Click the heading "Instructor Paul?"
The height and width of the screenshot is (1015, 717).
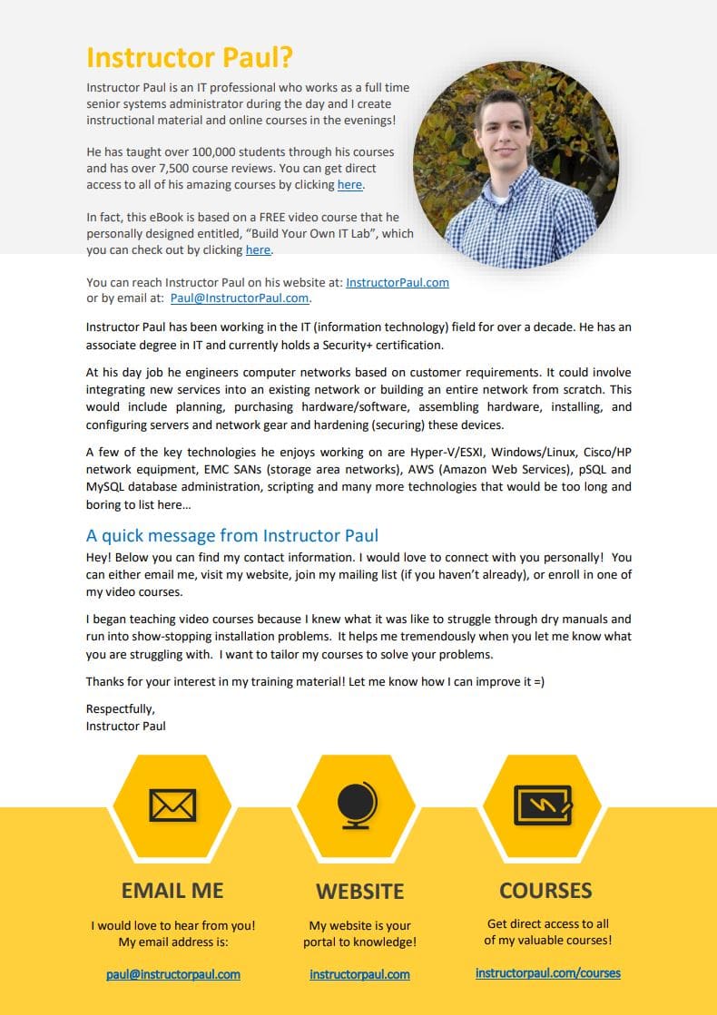point(190,58)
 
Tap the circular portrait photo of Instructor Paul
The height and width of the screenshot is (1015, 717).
point(516,164)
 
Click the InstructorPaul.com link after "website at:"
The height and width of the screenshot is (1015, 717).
point(398,282)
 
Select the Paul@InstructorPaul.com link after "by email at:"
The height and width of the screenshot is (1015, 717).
point(240,298)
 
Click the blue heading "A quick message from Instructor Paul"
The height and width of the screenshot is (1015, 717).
point(232,535)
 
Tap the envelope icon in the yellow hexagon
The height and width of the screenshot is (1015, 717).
point(172,805)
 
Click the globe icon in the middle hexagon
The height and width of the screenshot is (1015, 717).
point(358,805)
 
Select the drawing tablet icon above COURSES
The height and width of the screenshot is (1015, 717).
point(543,804)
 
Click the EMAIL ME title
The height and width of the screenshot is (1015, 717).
point(172,891)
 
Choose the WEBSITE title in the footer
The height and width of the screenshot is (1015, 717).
point(360,892)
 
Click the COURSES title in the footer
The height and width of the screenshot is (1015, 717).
point(545,890)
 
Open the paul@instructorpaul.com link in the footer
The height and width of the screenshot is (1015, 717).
point(173,975)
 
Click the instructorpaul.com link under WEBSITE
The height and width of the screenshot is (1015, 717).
point(359,975)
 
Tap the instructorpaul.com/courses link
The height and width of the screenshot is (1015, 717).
point(548,973)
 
